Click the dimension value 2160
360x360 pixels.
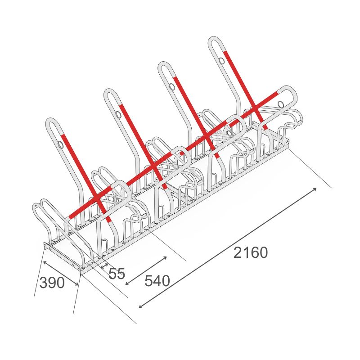[x=251, y=252]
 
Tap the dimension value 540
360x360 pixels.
[x=157, y=281]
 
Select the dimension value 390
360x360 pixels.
[x=52, y=283]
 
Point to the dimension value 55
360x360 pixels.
[x=117, y=273]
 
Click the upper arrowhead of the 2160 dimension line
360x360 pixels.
[x=315, y=189]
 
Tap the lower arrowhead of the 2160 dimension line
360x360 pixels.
[x=141, y=306]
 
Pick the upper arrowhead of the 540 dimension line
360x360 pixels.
[x=165, y=258]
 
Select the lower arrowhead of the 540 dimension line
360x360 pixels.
[x=127, y=283]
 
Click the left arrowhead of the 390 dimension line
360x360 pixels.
[x=45, y=262]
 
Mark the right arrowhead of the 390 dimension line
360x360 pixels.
[x=76, y=284]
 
